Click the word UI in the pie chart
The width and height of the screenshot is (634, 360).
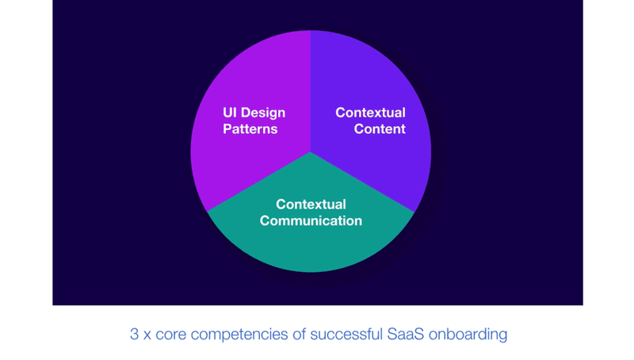[230, 113]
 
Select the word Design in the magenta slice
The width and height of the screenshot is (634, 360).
[263, 113]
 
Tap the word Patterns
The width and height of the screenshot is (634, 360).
[250, 129]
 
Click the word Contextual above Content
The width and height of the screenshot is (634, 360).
[370, 113]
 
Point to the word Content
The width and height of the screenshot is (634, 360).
[380, 129]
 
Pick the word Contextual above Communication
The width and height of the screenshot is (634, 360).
[311, 205]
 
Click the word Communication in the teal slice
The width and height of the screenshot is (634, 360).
[311, 221]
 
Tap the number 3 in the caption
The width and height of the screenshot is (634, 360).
[134, 334]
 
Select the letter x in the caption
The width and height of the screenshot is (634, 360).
[147, 335]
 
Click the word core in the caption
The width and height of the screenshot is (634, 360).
[170, 335]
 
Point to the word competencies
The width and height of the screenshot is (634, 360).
[239, 335]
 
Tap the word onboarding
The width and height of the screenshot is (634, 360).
[468, 335]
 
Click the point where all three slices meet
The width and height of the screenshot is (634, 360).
[311, 151]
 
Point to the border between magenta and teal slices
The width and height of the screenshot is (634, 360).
[258, 182]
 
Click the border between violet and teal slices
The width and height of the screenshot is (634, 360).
[363, 182]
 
